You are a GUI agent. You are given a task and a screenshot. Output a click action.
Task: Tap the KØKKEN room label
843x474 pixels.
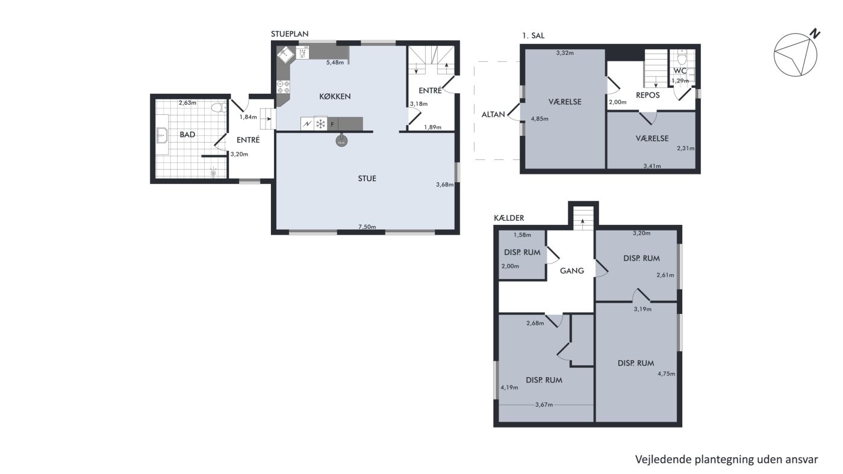pyautogui.click(x=335, y=97)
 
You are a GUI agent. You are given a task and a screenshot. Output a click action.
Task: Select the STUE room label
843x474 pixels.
pyautogui.click(x=367, y=179)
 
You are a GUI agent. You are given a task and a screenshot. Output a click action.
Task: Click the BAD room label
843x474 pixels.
pyautogui.click(x=187, y=135)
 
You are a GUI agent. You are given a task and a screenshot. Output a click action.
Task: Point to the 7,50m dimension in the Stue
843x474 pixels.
pyautogui.click(x=367, y=227)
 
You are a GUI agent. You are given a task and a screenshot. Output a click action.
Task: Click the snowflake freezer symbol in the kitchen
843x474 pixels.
pyautogui.click(x=320, y=124)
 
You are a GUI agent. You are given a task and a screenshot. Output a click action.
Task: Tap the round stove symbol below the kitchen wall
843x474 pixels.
pyautogui.click(x=341, y=142)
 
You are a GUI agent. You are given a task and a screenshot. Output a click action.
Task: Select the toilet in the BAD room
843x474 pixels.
pyautogui.click(x=219, y=108)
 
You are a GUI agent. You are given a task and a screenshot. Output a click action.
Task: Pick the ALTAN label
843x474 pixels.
pyautogui.click(x=493, y=114)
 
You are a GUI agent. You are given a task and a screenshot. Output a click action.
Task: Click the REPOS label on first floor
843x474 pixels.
pyautogui.click(x=648, y=95)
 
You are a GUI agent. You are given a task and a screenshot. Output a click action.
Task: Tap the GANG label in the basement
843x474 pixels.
pyautogui.click(x=571, y=271)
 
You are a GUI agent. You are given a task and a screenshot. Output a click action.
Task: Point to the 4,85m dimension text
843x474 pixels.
pyautogui.click(x=540, y=118)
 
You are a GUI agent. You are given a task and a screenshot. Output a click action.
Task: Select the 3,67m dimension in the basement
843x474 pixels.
pyautogui.click(x=544, y=404)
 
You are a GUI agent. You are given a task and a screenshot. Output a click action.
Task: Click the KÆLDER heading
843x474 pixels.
pyautogui.click(x=509, y=218)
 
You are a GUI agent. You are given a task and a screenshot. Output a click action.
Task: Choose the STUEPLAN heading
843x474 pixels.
pyautogui.click(x=290, y=34)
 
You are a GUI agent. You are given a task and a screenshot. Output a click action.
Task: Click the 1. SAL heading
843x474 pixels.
pyautogui.click(x=533, y=35)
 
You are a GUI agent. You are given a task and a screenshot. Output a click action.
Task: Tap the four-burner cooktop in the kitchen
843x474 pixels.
pyautogui.click(x=283, y=87)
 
